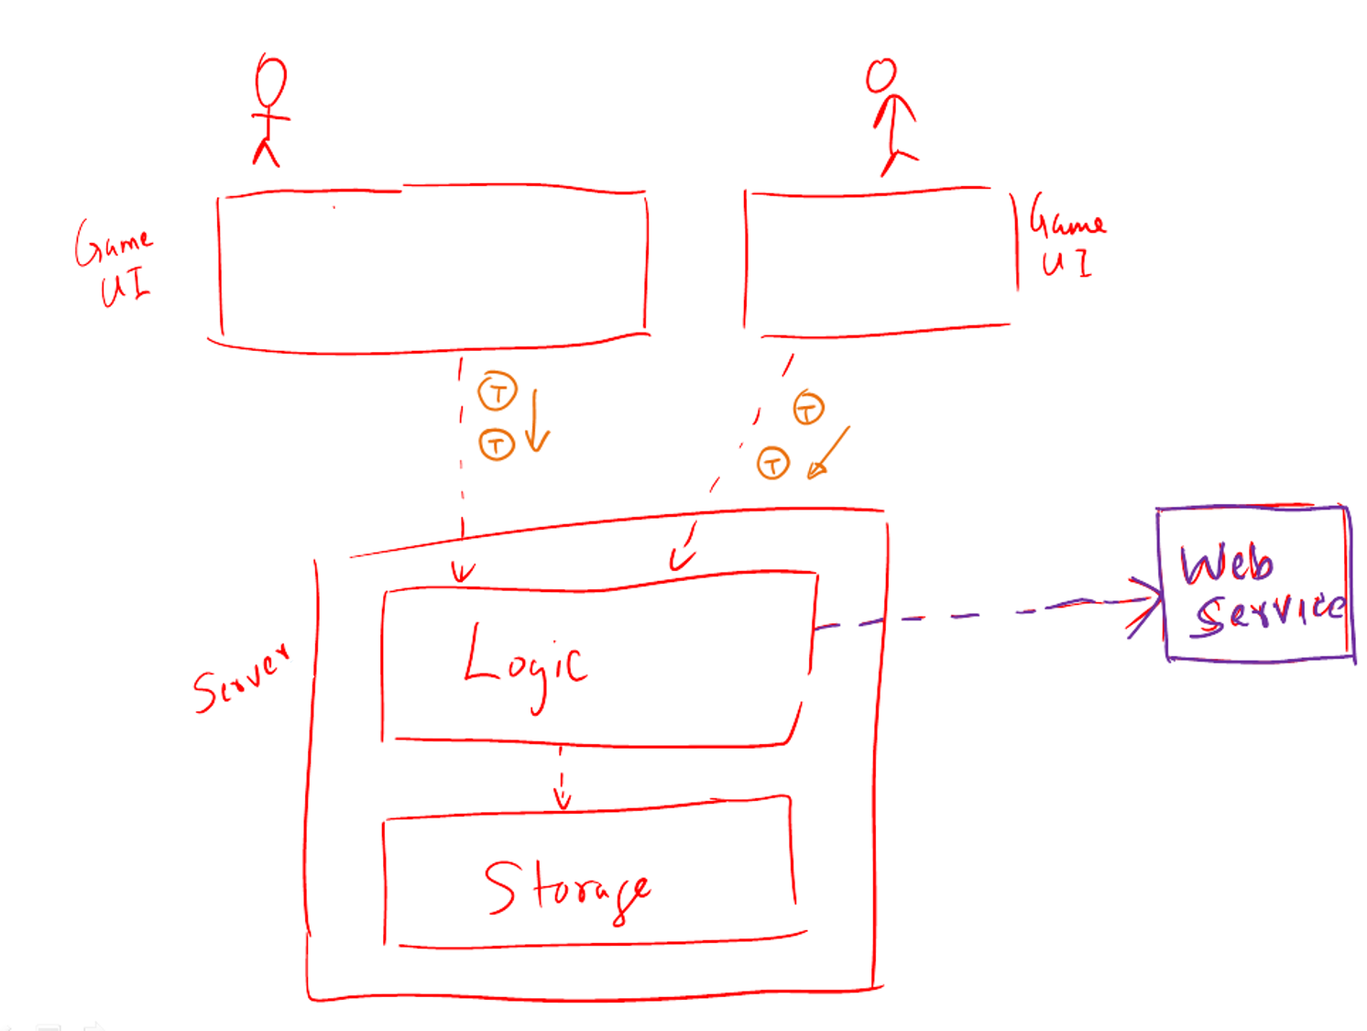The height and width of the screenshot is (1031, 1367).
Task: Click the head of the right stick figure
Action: click(x=881, y=76)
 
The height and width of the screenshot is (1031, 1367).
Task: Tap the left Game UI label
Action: click(x=115, y=263)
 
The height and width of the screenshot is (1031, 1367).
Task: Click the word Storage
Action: click(x=567, y=889)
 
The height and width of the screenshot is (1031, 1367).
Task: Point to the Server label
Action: click(x=241, y=679)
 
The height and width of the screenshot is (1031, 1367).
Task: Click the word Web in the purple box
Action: click(x=1226, y=564)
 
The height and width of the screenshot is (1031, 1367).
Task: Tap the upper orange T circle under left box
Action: click(x=498, y=392)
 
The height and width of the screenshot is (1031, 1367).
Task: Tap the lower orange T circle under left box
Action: click(x=497, y=444)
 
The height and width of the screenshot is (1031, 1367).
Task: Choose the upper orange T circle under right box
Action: click(x=808, y=408)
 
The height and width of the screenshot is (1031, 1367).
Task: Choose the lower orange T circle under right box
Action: click(x=772, y=464)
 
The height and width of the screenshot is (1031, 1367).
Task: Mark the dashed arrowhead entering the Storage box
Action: click(x=563, y=800)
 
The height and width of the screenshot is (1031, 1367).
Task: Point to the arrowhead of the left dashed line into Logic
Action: click(x=463, y=574)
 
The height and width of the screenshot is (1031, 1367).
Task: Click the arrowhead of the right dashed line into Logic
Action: click(x=680, y=559)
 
